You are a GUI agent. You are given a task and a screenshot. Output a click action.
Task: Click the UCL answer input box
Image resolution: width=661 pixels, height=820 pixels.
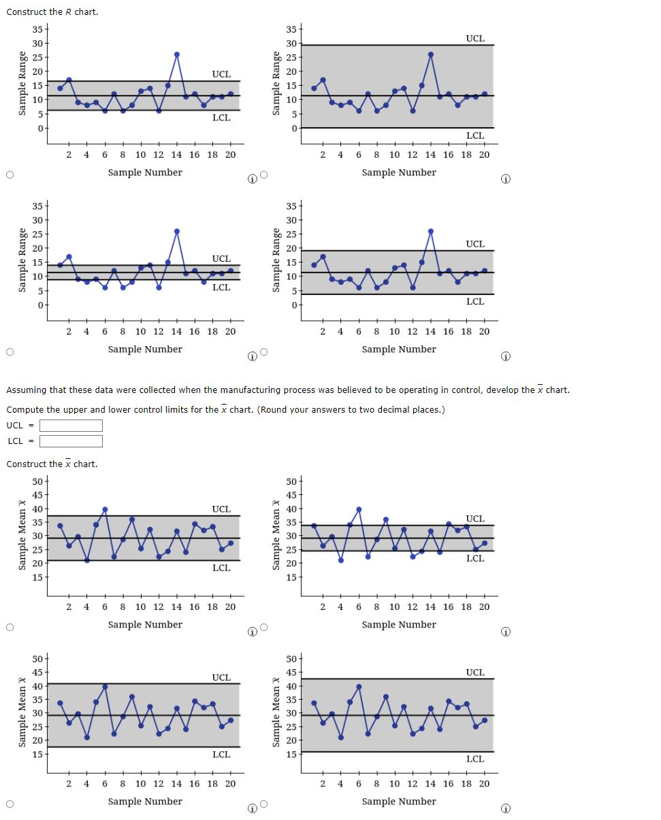[71, 426]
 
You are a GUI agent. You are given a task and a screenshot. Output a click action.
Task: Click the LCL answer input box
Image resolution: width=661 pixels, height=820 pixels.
[71, 441]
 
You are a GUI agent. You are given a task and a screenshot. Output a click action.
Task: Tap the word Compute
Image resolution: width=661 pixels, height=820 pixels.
[25, 410]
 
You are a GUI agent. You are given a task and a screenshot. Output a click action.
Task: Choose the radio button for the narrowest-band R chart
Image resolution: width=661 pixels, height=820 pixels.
[10, 352]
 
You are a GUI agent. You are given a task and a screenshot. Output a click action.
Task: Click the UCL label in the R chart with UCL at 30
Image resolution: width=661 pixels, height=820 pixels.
[475, 39]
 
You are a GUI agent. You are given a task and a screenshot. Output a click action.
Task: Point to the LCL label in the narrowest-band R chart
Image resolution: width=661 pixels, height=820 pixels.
[221, 288]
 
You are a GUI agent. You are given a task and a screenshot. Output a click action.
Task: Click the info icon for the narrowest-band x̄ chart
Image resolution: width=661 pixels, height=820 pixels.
[506, 632]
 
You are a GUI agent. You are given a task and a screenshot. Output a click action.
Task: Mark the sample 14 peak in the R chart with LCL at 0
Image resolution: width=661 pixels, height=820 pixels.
[431, 54]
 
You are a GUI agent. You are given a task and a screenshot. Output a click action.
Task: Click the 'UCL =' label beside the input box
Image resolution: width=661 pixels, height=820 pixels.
[18, 426]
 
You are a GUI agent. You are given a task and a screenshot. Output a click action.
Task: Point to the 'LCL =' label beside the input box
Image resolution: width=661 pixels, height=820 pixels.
[18, 441]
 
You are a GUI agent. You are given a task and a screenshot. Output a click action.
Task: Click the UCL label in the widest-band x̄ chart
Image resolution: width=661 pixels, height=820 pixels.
[475, 672]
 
